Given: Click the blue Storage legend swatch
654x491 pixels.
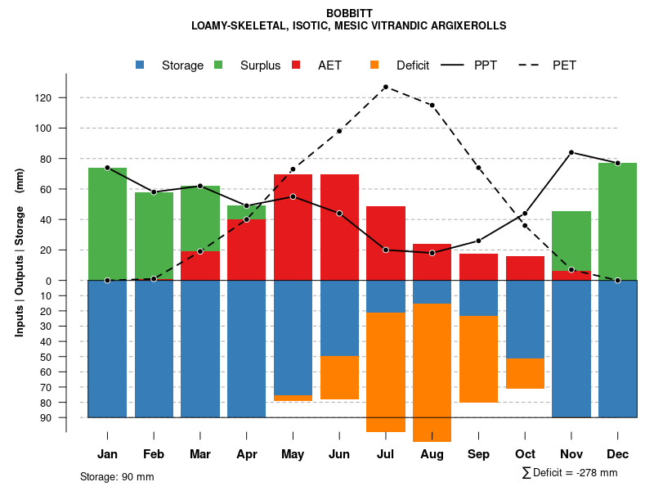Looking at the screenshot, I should (141, 65).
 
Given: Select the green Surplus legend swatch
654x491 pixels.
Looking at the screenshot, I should (219, 65).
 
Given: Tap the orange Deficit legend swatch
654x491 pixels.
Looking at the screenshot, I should (375, 65).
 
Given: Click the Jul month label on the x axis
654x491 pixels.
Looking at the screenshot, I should (386, 454).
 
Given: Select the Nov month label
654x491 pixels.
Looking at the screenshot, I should (571, 454).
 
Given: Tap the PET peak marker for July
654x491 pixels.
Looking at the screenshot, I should (386, 87).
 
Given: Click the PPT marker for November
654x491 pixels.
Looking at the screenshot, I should (571, 152).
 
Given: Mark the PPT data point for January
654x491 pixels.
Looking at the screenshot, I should (107, 168).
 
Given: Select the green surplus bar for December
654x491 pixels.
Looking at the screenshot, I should (617, 221).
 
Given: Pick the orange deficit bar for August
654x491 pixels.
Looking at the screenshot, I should (432, 372).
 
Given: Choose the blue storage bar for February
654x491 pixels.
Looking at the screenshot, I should (154, 349).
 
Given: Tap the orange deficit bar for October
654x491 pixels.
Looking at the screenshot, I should (525, 373).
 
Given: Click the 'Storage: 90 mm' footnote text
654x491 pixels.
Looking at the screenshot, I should (117, 477).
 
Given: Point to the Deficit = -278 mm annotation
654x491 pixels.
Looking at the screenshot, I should (570, 472).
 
